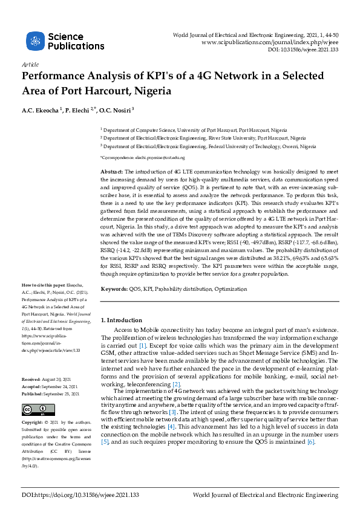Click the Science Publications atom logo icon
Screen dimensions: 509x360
point(36,41)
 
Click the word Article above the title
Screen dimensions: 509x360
point(30,64)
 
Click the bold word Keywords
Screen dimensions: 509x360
point(114,290)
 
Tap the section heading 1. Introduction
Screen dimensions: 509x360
point(121,320)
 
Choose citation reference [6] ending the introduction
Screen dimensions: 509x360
point(311,442)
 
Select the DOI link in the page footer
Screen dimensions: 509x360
point(80,494)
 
